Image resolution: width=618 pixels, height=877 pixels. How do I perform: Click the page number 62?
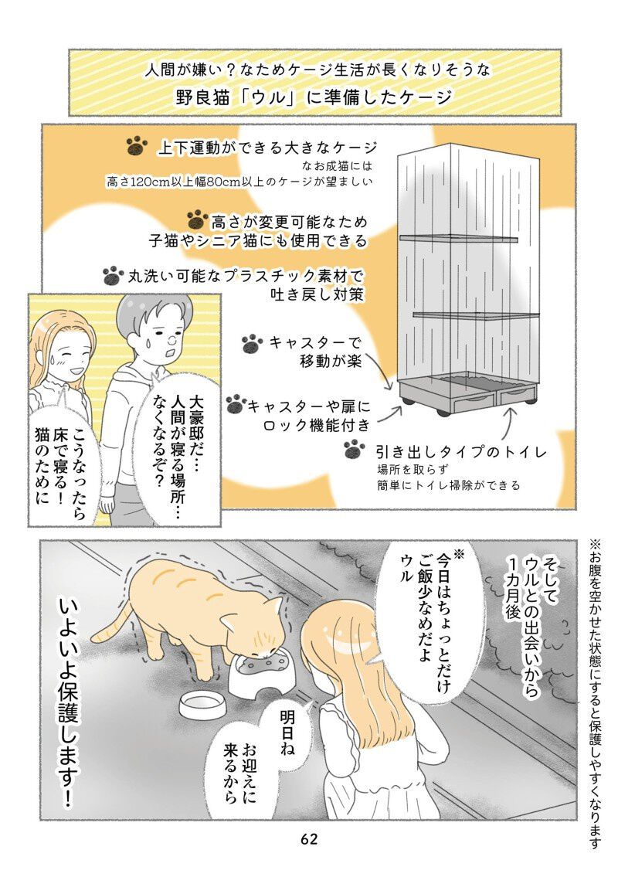click(309, 838)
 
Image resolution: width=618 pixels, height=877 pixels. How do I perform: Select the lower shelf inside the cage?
click(476, 315)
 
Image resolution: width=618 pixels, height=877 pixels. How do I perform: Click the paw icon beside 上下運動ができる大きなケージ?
click(137, 147)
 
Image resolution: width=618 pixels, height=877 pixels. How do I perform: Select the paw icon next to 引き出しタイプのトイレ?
click(355, 449)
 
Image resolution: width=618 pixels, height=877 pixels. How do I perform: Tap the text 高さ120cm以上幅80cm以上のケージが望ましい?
click(239, 182)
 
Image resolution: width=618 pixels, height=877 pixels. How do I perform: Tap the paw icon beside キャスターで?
click(253, 343)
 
